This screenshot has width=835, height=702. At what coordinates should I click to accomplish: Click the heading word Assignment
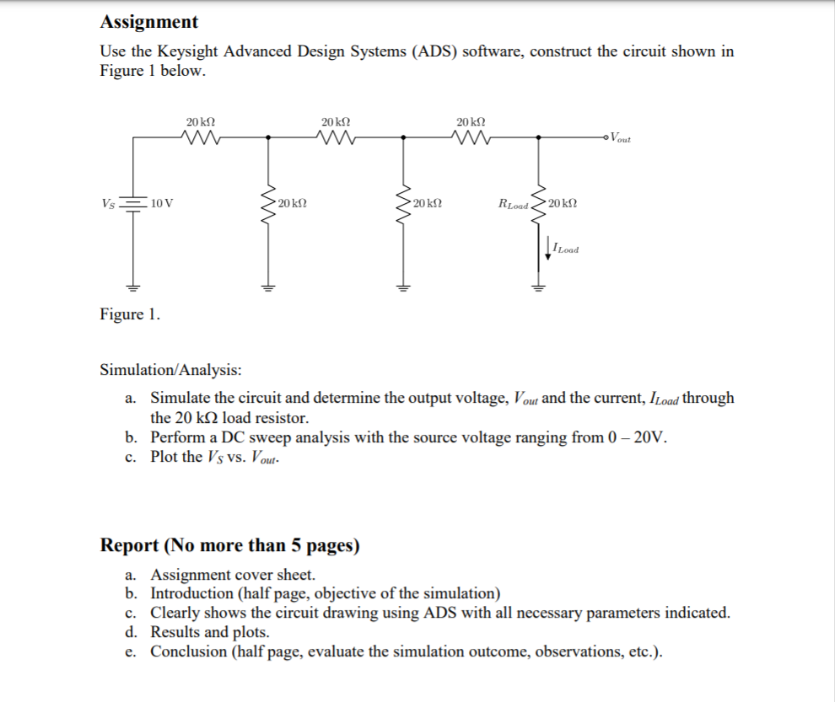pos(149,22)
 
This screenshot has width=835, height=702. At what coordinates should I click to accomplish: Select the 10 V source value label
pos(163,203)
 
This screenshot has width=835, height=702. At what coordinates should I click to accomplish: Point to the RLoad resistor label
pos(514,205)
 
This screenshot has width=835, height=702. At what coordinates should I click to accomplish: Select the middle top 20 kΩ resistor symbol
pos(337,137)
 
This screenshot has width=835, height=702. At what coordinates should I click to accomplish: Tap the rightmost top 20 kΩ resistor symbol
pos(471,137)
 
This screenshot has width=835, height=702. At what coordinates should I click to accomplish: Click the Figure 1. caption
pos(130,314)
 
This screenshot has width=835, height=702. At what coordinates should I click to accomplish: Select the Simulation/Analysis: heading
pos(170,370)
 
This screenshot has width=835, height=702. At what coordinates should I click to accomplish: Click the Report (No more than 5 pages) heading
pos(229,545)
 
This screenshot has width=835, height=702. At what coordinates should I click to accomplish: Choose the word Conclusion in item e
pos(189,651)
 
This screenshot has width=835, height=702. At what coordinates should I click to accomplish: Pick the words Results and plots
pos(210,632)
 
